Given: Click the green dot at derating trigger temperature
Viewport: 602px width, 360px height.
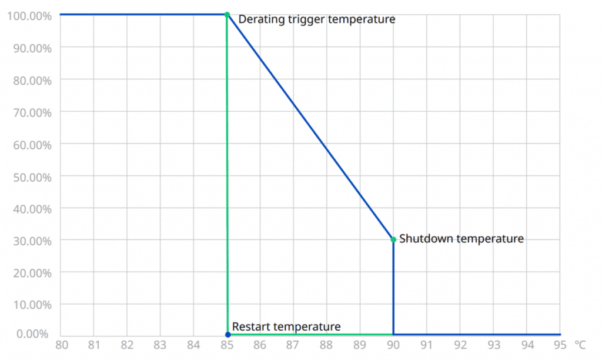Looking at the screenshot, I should [227, 14].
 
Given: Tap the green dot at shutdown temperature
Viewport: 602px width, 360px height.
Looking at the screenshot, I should [393, 239].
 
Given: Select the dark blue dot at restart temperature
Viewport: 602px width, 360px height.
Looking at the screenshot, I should [228, 334].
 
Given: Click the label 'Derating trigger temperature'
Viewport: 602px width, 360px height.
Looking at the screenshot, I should [316, 19].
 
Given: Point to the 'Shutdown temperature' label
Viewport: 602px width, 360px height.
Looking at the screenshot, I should [461, 239].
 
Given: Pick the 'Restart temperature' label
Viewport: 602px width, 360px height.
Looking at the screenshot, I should [286, 326].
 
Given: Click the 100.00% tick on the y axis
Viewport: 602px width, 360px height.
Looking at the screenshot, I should [29, 15].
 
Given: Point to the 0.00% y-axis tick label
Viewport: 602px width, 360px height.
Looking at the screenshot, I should [34, 334].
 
